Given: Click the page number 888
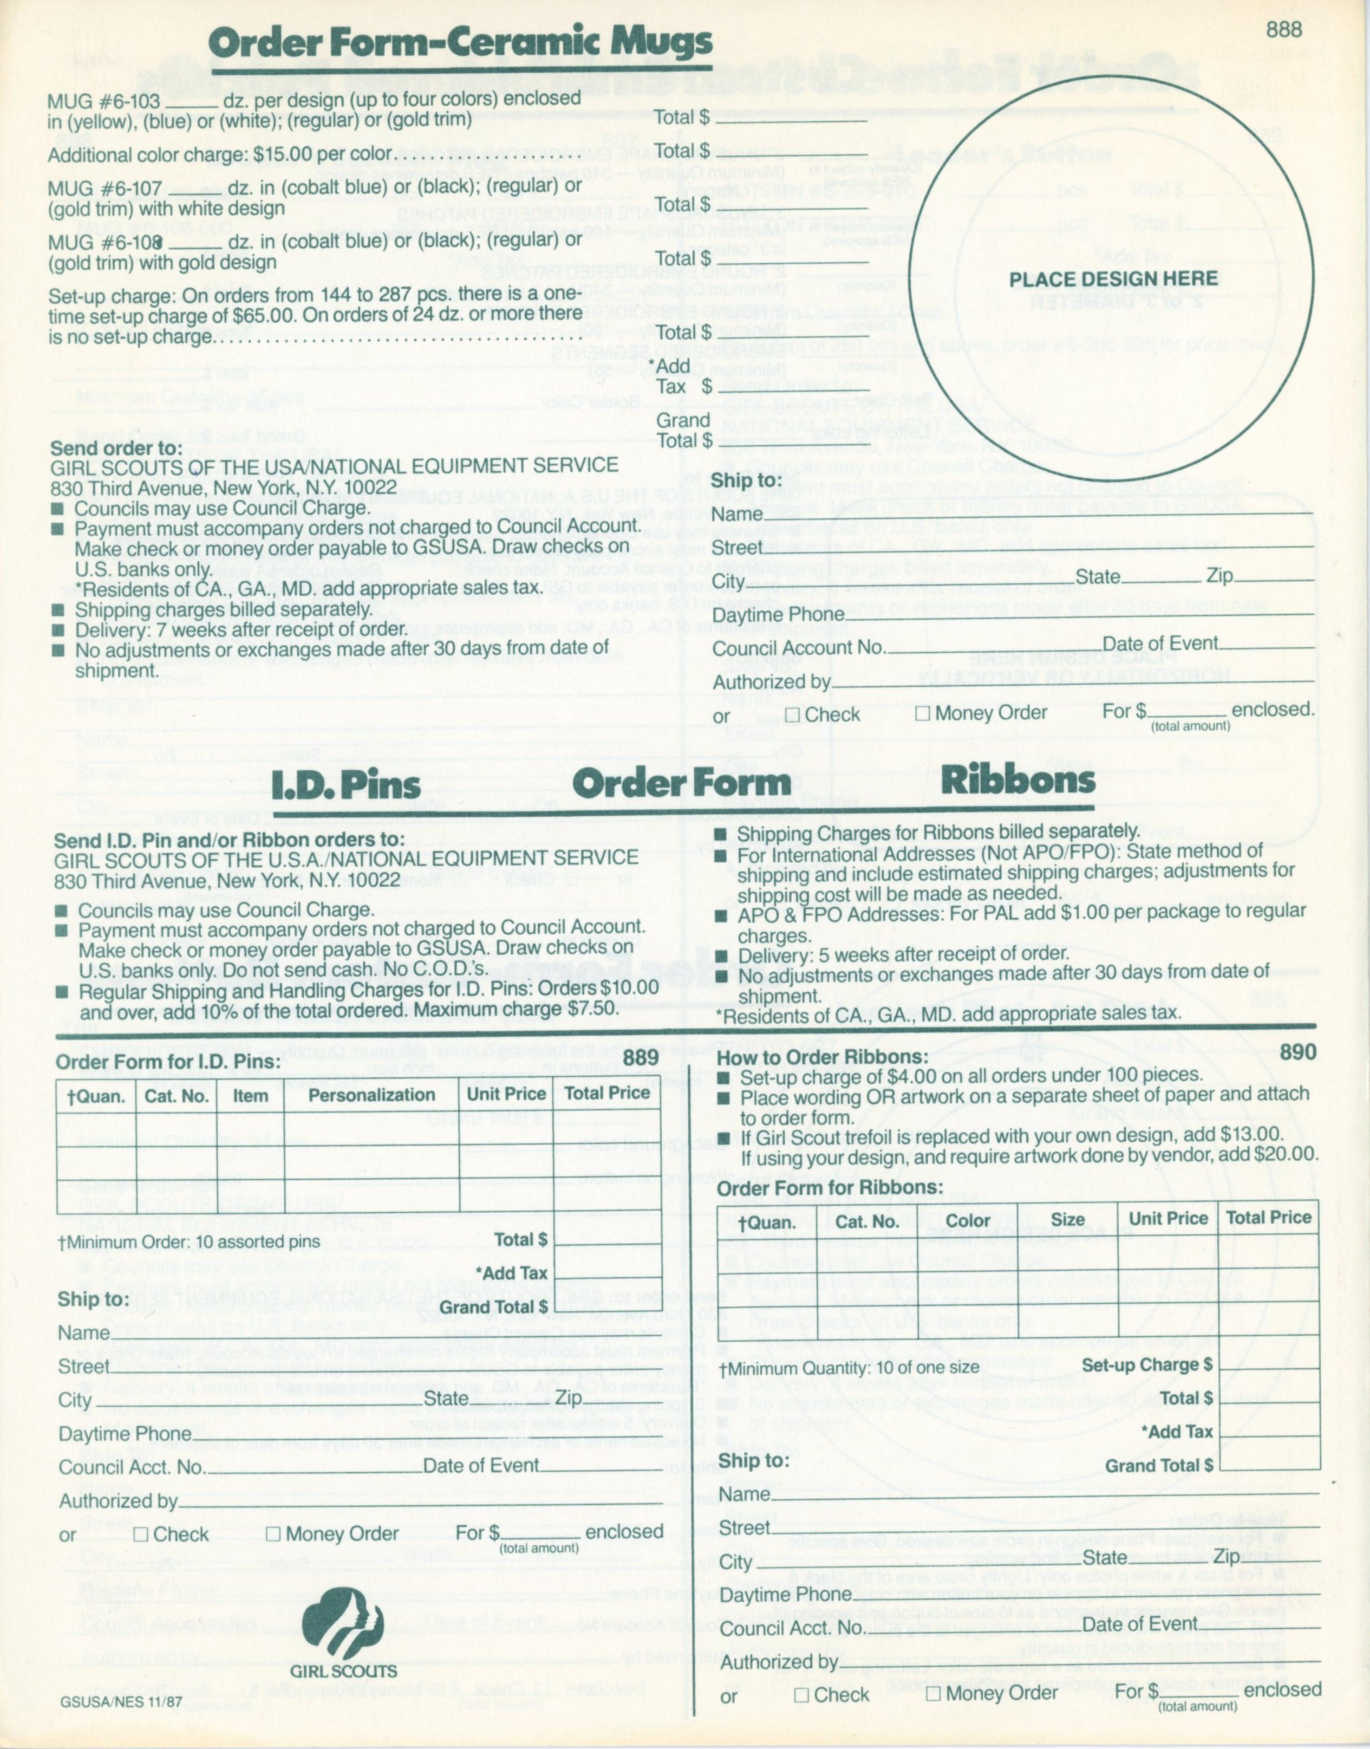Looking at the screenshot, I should [1283, 30].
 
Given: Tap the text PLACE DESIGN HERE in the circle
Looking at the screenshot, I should [1113, 279].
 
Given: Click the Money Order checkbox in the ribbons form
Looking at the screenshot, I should [933, 1694].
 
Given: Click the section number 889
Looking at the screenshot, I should [641, 1057].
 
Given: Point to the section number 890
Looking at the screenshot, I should [1297, 1052].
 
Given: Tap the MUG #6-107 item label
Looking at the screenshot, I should [105, 190].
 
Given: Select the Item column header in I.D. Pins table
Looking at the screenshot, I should [250, 1095].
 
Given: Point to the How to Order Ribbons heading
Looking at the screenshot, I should [822, 1057].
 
